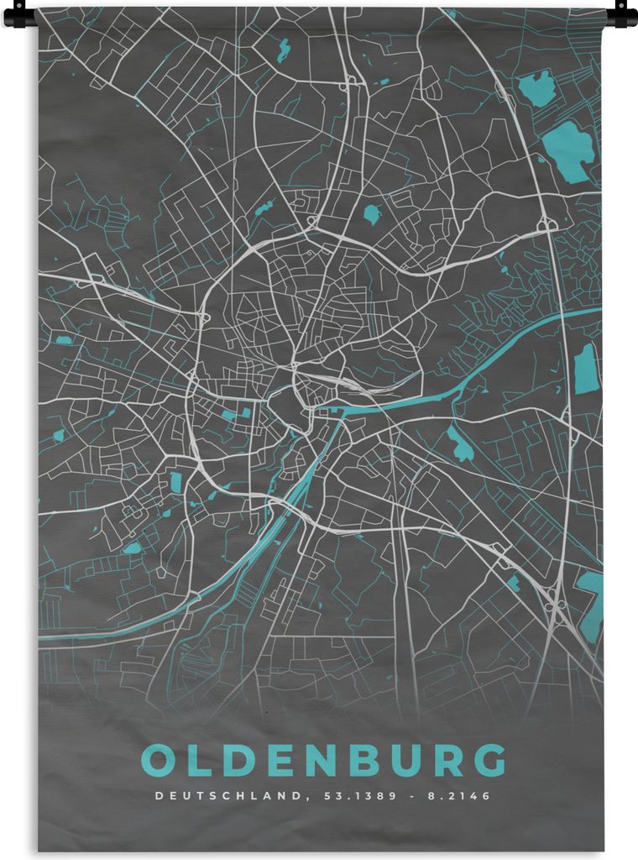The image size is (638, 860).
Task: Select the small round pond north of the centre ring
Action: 371,214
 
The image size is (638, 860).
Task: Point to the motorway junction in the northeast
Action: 546,224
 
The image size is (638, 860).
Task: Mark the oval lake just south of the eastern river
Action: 459,443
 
